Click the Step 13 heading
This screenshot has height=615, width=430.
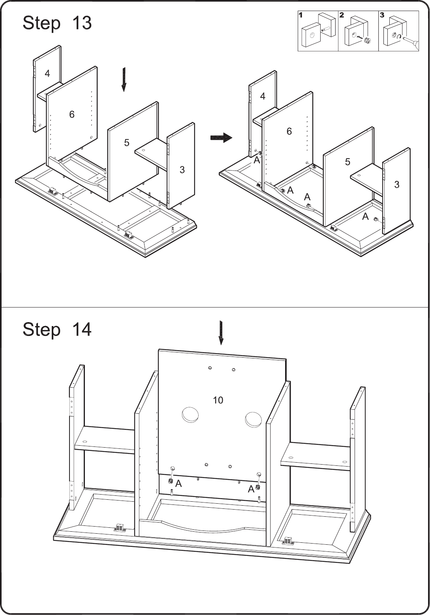coord(57,23)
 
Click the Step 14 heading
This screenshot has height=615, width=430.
coord(57,329)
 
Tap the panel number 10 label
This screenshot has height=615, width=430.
coord(218,400)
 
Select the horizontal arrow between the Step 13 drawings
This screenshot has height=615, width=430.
coord(221,137)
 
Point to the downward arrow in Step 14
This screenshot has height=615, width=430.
coord(221,332)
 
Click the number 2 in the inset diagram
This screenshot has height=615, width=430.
coord(342,15)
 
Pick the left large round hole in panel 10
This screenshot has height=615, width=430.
coord(190,414)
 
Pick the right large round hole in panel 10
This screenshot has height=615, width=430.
coord(254,419)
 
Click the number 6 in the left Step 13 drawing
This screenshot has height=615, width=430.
coord(72,114)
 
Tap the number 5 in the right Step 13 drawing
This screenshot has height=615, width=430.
coord(347,162)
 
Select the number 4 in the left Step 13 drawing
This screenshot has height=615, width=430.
coord(47,73)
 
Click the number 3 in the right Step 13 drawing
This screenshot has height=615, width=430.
coord(396,184)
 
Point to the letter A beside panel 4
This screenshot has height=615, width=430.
coord(257,160)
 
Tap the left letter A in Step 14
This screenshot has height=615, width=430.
coord(178,484)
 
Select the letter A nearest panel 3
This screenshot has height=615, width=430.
coord(365,217)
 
